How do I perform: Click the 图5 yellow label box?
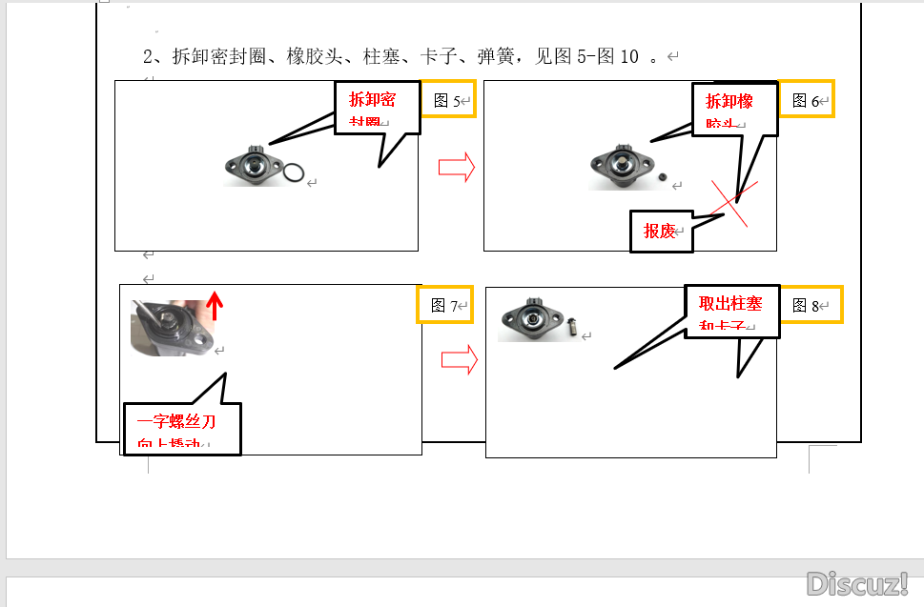(447, 99)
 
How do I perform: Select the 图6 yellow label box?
(806, 100)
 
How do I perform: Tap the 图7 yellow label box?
(444, 305)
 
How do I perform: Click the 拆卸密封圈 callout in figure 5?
(377, 107)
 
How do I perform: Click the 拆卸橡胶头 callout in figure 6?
(733, 109)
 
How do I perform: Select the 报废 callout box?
(661, 231)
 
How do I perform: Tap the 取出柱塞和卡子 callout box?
(731, 311)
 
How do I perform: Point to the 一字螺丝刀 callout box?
(182, 428)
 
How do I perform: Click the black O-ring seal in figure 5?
(295, 173)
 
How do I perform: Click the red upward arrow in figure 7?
(216, 305)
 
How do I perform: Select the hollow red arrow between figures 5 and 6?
(457, 169)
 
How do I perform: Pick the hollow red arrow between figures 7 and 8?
(459, 359)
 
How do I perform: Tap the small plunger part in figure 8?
(574, 328)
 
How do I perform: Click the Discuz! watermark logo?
(857, 582)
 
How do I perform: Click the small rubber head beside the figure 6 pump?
(662, 177)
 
